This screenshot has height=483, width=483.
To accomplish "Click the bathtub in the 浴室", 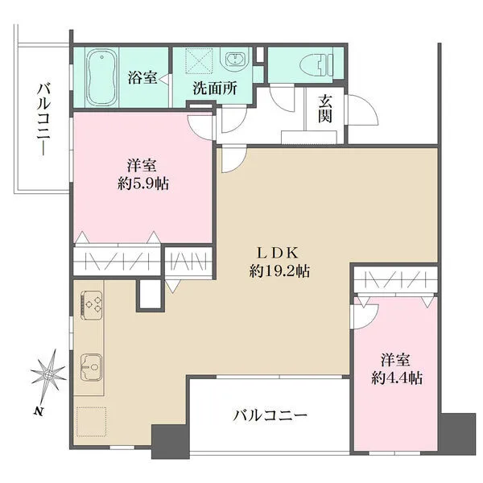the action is tap(101, 77).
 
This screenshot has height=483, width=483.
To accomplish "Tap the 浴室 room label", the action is tap(142, 77).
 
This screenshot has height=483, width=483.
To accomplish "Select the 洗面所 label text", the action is tap(215, 89).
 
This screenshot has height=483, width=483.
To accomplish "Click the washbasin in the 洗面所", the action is tap(235, 59).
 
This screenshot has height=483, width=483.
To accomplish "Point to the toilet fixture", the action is tap(316, 64).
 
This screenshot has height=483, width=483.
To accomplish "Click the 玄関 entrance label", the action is tap(324, 109).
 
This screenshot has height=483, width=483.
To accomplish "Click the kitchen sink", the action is tap(91, 367).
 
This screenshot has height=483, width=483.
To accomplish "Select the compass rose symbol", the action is tap(49, 374).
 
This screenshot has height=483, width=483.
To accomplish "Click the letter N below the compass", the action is tap(38, 411).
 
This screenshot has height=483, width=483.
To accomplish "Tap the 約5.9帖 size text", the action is tap(143, 184).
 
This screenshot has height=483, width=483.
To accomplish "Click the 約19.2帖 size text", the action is tap(279, 271).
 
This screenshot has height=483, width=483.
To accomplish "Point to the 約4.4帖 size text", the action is tap(397, 378).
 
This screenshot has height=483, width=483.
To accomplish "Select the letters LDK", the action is tap(278, 254).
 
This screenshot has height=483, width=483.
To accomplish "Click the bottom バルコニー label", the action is tap(270, 415).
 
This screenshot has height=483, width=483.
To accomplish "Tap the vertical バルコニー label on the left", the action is tap(43, 119).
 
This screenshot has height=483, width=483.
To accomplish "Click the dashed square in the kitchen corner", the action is tap(92, 421).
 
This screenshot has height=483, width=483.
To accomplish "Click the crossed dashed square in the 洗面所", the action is tap(199, 60).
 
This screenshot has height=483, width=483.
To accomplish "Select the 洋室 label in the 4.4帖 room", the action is tap(395, 360).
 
